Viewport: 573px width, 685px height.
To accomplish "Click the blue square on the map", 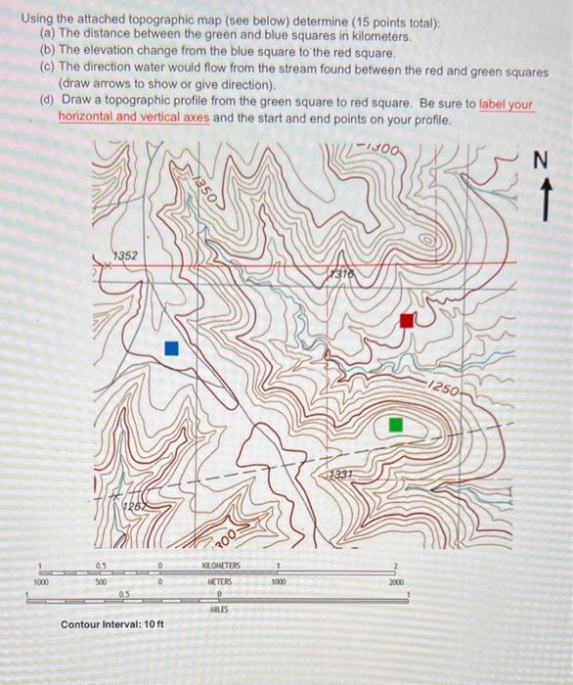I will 172,348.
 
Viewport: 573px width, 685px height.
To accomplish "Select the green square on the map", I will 395,424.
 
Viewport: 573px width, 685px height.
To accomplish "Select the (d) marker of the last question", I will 47,101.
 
